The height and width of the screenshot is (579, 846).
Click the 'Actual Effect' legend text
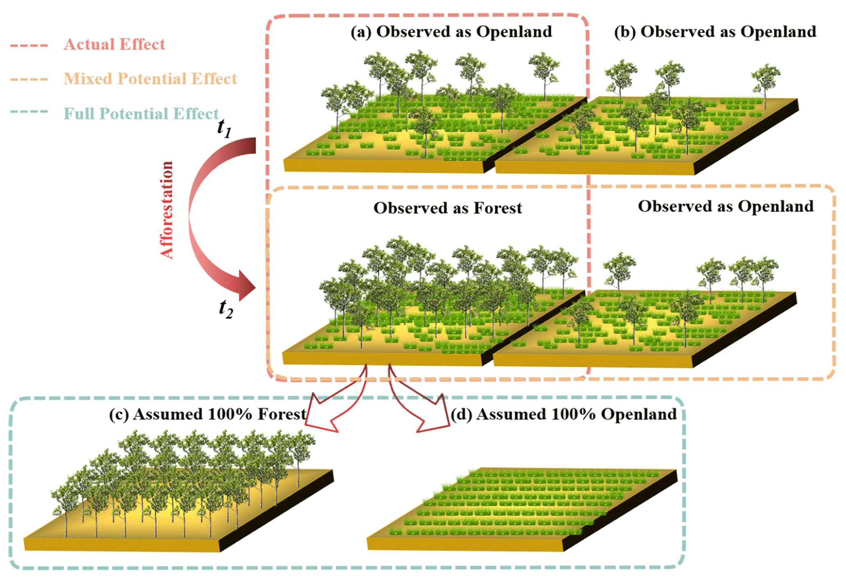(114, 44)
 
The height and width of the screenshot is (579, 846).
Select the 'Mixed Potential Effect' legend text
(150, 79)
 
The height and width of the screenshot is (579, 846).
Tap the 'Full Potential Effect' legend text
(141, 114)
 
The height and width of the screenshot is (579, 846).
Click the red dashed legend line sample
(29, 45)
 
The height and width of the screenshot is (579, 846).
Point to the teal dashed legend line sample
(29, 111)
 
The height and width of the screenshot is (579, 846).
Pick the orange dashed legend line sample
(29, 79)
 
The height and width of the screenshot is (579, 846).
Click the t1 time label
(224, 128)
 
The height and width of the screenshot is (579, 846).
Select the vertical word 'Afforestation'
(167, 210)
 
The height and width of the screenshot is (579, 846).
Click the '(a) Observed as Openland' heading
(451, 32)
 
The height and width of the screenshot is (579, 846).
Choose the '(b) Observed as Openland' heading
(715, 32)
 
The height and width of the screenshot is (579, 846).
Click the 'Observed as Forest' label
(448, 208)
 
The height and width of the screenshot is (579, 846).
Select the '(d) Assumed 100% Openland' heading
(564, 414)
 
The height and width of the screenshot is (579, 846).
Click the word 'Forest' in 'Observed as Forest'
(498, 208)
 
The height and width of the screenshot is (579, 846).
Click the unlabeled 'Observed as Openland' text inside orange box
(726, 206)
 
